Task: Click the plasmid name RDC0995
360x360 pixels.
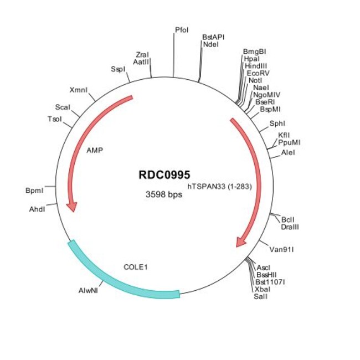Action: click(164, 174)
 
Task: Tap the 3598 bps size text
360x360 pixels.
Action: click(163, 194)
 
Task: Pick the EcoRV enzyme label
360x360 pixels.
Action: click(258, 73)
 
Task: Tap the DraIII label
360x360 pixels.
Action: click(291, 227)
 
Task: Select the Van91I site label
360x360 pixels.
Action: click(281, 249)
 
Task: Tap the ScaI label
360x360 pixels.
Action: click(63, 107)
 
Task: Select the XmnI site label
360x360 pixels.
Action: click(79, 90)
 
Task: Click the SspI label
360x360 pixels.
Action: click(118, 69)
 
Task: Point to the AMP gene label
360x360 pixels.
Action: click(95, 150)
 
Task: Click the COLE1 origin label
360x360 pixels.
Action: click(136, 267)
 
